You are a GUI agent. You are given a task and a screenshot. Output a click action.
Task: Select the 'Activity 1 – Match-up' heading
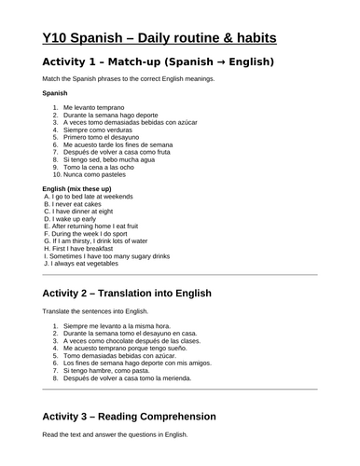(158, 62)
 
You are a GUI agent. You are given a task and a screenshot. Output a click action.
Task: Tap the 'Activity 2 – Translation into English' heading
(127, 293)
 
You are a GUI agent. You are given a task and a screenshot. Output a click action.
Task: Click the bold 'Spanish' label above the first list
(55, 94)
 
